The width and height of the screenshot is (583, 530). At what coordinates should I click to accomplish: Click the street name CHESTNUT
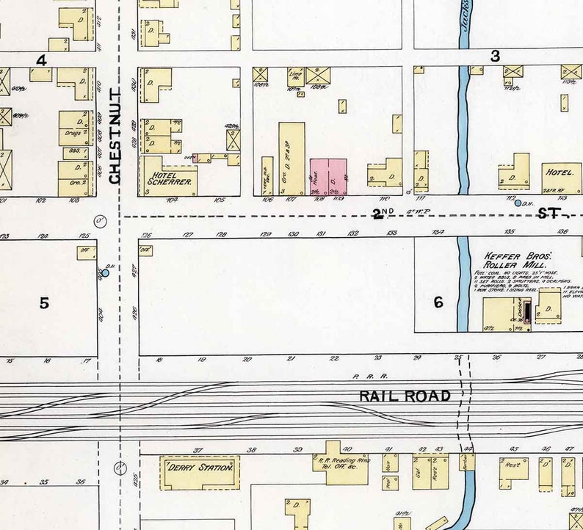pyautogui.click(x=115, y=136)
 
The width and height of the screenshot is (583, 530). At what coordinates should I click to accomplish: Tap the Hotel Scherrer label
pyautogui.click(x=170, y=178)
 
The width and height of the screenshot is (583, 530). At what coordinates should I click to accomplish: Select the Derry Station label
pyautogui.click(x=199, y=467)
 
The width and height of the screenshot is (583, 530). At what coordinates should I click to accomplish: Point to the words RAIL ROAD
pyautogui.click(x=405, y=396)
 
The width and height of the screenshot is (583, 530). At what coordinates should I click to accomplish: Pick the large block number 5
pyautogui.click(x=44, y=302)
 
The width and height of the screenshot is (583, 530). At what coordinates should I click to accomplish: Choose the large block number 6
pyautogui.click(x=438, y=302)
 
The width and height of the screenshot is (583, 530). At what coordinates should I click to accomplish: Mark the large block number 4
pyautogui.click(x=42, y=60)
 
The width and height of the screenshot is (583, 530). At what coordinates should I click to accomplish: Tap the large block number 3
pyautogui.click(x=495, y=56)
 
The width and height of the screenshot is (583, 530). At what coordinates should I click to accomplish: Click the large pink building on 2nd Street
pyautogui.click(x=327, y=176)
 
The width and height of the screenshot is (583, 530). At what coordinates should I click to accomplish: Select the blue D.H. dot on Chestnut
pyautogui.click(x=105, y=273)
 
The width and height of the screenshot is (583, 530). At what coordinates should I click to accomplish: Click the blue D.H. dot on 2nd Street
pyautogui.click(x=518, y=203)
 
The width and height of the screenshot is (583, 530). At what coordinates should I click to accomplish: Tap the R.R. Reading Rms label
pyautogui.click(x=340, y=458)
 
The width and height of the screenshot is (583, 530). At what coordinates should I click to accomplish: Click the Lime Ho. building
pyautogui.click(x=296, y=75)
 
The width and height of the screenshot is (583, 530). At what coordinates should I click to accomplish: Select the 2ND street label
pyautogui.click(x=383, y=214)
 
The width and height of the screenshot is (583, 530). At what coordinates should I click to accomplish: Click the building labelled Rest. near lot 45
pyautogui.click(x=513, y=465)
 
